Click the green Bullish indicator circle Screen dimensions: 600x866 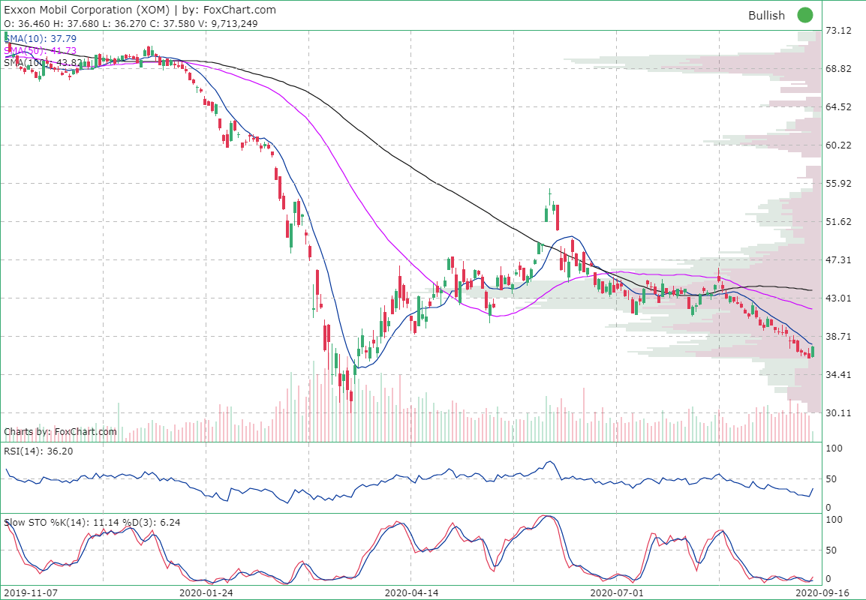(x=805, y=15)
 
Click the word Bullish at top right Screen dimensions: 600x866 (x=766, y=16)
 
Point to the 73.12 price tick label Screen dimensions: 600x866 (x=837, y=31)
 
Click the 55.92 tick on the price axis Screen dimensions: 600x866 (x=837, y=184)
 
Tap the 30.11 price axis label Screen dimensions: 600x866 (x=837, y=413)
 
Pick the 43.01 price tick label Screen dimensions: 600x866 (x=837, y=298)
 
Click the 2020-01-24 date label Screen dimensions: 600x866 (x=206, y=592)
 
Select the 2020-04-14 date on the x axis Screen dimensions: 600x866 (x=411, y=592)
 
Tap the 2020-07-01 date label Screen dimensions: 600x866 (x=617, y=592)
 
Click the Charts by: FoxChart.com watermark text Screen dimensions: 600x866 (x=61, y=431)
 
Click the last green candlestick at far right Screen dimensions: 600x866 (x=813, y=351)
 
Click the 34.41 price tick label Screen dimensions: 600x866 (x=837, y=375)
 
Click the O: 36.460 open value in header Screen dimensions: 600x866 (x=26, y=23)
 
